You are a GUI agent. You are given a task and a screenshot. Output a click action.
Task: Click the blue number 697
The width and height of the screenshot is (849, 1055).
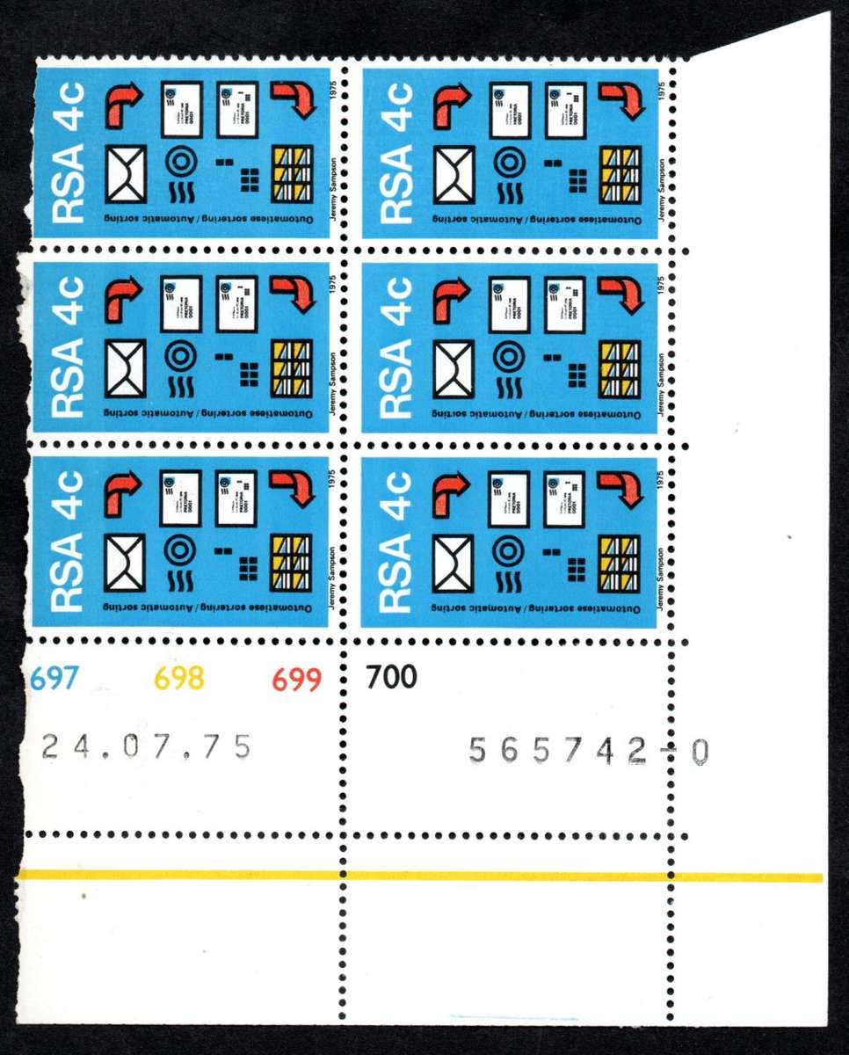tap(54, 678)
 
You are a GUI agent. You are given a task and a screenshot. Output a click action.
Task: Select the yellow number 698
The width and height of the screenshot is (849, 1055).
tap(179, 678)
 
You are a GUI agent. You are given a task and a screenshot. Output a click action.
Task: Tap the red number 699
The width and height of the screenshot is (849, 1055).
tap(296, 680)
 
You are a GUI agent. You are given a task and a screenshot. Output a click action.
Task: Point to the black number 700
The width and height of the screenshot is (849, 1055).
tap(391, 677)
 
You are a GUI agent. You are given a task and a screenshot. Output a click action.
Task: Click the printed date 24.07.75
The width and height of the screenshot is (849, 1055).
tap(147, 746)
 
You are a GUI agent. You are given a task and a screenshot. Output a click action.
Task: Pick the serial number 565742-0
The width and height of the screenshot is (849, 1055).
tap(588, 751)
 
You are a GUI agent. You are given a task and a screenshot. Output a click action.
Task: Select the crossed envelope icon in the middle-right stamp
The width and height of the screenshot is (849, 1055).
tap(454, 367)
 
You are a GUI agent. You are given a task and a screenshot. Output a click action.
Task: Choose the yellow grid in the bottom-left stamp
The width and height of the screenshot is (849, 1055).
tap(291, 563)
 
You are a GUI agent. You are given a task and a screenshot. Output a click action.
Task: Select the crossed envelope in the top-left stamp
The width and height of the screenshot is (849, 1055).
tap(126, 175)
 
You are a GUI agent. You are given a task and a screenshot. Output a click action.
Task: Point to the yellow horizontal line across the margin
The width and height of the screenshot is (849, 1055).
tap(422, 876)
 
